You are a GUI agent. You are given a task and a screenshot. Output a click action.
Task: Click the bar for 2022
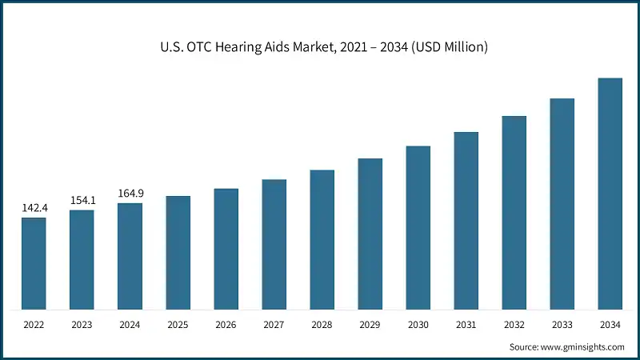tap(34, 263)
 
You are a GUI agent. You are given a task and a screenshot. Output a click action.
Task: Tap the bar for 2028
tap(322, 239)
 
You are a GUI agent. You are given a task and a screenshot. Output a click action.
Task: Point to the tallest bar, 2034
tap(610, 194)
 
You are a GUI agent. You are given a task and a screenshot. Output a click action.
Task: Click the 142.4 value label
tap(34, 208)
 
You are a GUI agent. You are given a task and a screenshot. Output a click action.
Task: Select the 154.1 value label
tap(82, 200)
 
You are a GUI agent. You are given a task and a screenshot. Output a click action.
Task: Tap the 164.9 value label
tap(130, 193)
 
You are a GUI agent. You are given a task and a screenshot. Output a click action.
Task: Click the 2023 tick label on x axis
tap(82, 326)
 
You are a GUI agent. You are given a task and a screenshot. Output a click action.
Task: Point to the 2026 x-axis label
tap(226, 326)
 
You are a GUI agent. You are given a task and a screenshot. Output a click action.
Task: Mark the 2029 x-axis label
tap(370, 326)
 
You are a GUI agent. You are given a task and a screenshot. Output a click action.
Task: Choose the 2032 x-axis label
tap(514, 326)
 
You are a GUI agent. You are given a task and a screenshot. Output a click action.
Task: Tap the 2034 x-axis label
tap(610, 326)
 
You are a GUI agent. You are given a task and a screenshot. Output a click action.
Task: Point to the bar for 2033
tap(562, 204)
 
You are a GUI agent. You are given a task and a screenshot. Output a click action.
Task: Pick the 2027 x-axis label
tap(274, 326)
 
